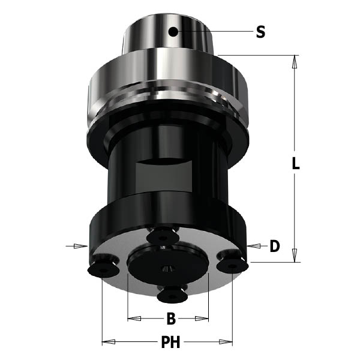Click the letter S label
click(x=260, y=31)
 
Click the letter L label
click(x=295, y=163)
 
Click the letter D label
click(x=274, y=245)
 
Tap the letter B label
click(x=170, y=317)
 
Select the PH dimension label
click(x=171, y=343)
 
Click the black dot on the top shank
click(x=173, y=31)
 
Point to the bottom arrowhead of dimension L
click(x=295, y=258)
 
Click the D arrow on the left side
click(x=76, y=245)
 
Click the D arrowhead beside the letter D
click(x=253, y=245)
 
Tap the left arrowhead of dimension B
click(x=132, y=317)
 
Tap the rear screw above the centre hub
click(x=163, y=237)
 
